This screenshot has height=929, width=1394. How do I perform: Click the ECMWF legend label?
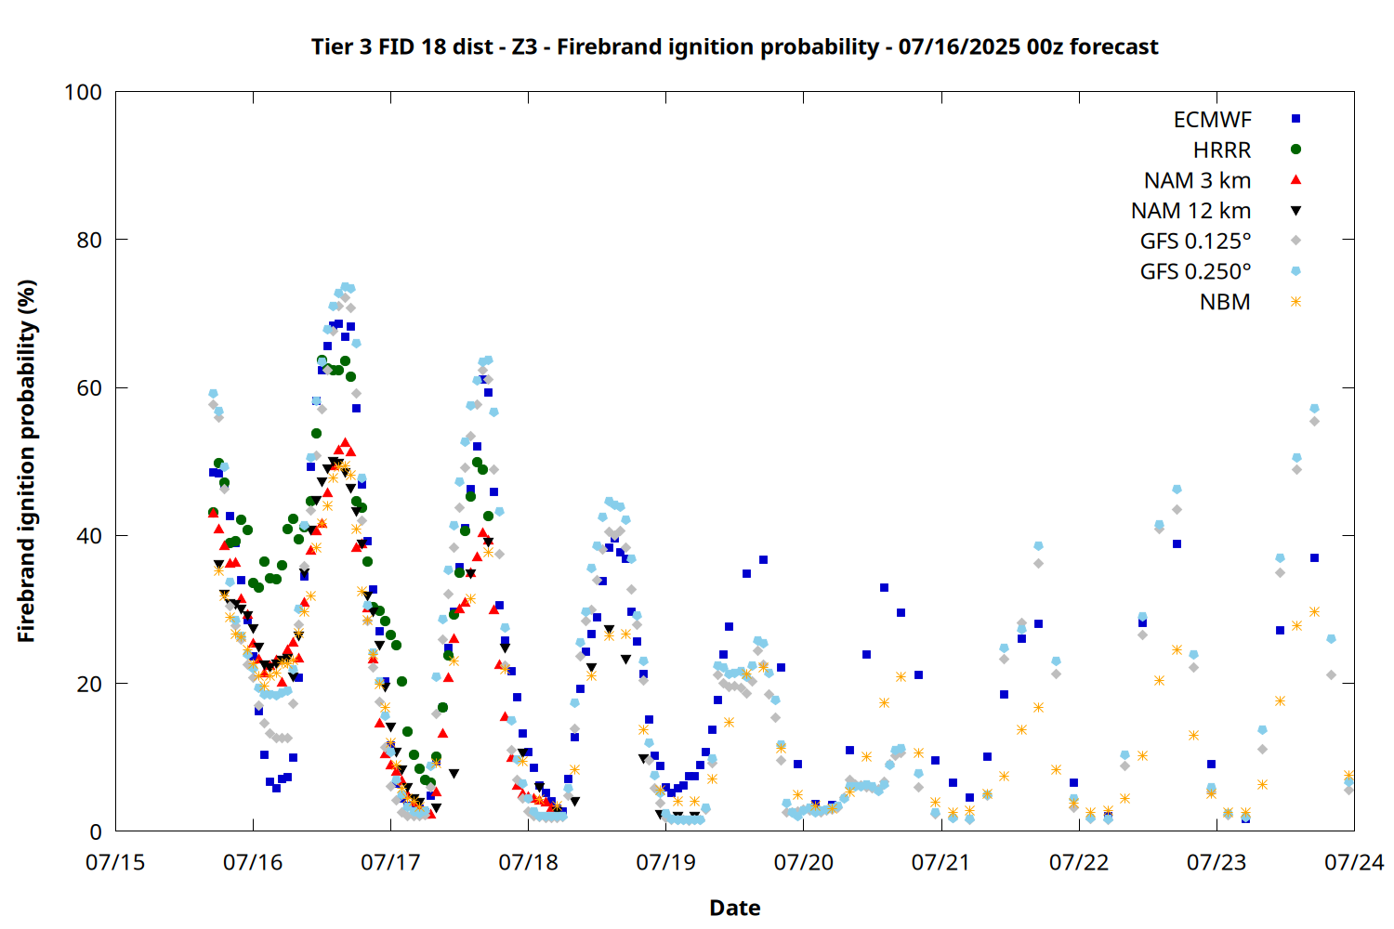[1212, 120]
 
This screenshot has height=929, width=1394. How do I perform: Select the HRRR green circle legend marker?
[1295, 150]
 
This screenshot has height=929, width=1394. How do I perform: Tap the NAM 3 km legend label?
[1197, 180]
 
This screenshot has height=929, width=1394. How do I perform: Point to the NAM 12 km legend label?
[1190, 211]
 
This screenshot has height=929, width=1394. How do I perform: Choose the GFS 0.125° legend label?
[1195, 241]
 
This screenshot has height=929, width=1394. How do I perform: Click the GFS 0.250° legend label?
[1195, 271]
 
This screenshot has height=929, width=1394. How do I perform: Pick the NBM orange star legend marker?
[1295, 302]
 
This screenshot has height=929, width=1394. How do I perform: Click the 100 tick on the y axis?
[83, 92]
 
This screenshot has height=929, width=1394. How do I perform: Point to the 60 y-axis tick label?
[89, 387]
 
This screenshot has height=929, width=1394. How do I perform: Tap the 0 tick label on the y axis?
[96, 831]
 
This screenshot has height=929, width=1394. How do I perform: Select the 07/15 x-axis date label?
[115, 862]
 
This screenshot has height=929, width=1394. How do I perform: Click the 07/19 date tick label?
[666, 862]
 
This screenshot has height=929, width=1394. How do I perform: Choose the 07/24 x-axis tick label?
[1354, 862]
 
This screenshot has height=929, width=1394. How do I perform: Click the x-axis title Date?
[735, 908]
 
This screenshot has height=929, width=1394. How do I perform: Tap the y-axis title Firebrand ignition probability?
[26, 461]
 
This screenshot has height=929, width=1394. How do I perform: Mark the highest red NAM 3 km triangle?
[346, 443]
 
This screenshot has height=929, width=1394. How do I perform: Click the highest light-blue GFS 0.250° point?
[346, 287]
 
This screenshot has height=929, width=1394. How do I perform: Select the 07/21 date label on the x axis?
[940, 862]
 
